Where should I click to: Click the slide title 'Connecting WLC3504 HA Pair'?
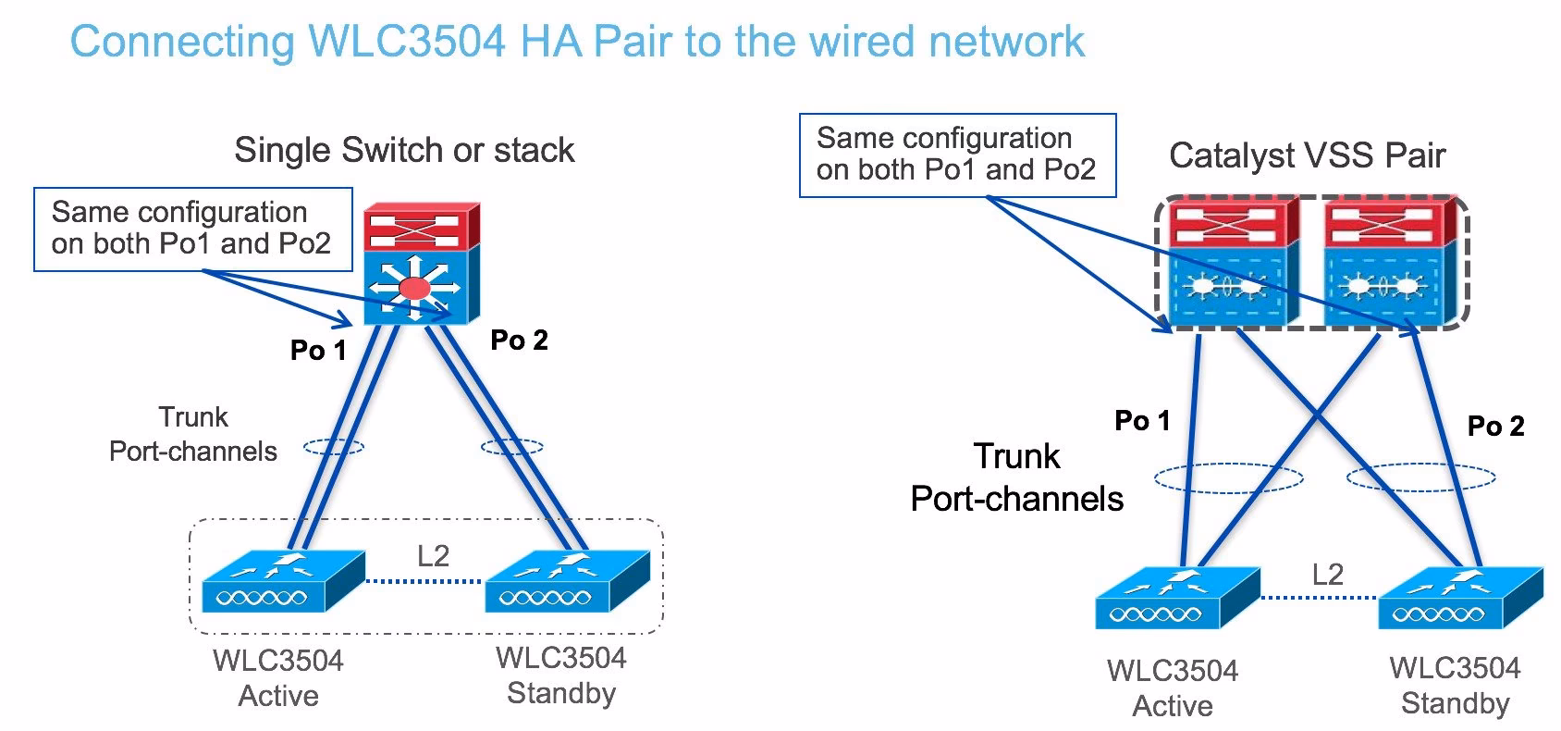tap(576, 42)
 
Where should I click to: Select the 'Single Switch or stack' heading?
tap(404, 150)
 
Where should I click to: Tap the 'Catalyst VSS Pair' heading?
tap(1306, 155)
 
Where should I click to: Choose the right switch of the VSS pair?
tap(1387, 264)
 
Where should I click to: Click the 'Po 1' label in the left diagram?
tap(318, 350)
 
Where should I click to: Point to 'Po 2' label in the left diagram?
tap(519, 341)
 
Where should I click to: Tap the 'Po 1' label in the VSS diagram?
tap(1142, 421)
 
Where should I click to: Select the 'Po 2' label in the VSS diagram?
tap(1495, 426)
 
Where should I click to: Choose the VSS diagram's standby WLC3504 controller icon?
tap(1459, 599)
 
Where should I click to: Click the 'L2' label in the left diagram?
tap(433, 556)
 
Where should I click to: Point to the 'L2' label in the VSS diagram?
tap(1327, 575)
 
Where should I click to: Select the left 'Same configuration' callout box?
tap(192, 229)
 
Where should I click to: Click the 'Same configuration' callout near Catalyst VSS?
tap(957, 155)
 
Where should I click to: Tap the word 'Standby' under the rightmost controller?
tap(1455, 703)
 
